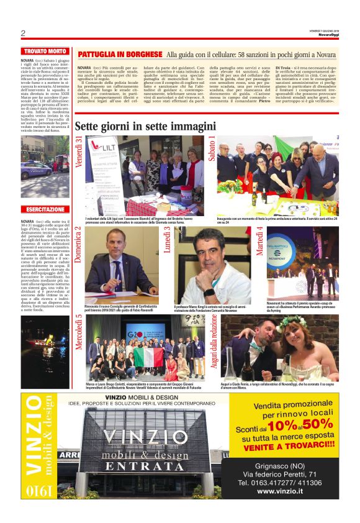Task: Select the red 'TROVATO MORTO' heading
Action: [x=45, y=51]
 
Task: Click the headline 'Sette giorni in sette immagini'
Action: [x=145, y=127]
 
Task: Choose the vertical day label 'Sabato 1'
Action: [x=212, y=149]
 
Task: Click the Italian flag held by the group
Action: [x=149, y=356]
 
